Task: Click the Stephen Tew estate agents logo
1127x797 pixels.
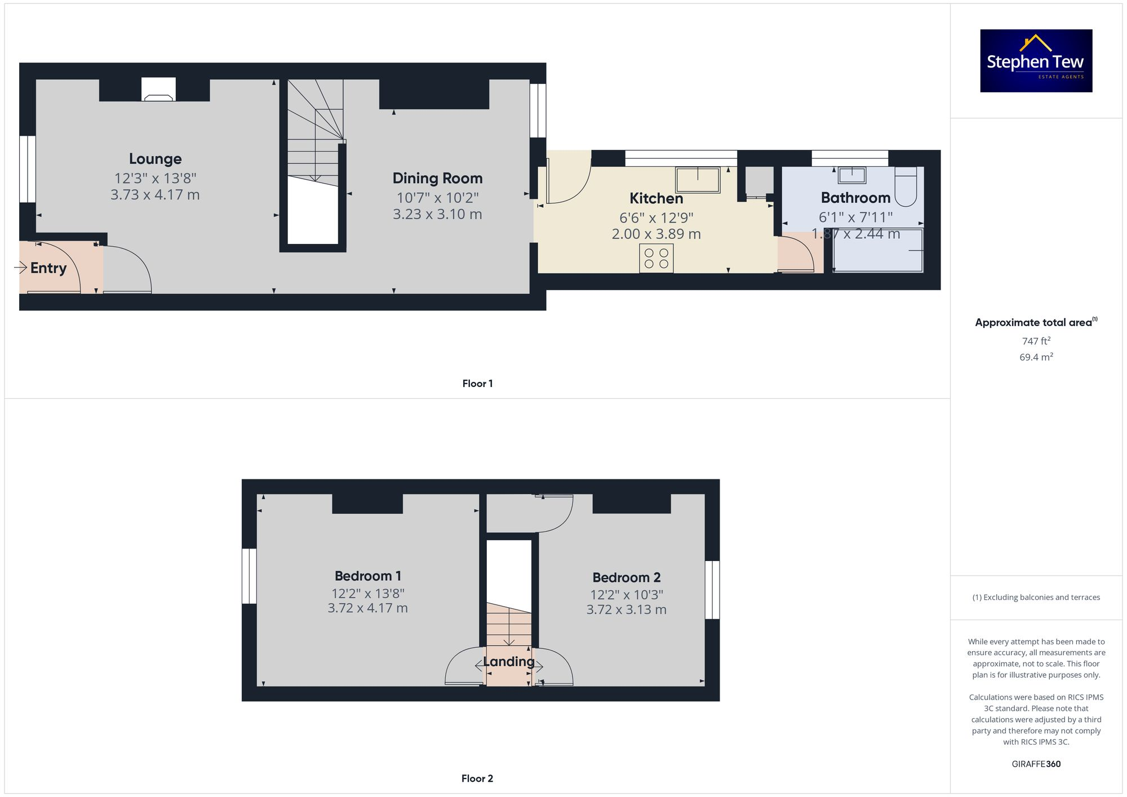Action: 1036,61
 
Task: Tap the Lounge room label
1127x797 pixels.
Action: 155,159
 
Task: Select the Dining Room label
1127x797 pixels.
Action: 437,178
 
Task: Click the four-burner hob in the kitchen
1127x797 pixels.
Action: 656,259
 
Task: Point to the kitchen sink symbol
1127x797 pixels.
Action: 698,180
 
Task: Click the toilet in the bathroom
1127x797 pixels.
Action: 906,186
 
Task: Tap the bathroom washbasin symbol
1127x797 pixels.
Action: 851,175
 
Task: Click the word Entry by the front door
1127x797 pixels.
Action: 48,268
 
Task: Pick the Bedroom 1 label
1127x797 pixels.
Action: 368,576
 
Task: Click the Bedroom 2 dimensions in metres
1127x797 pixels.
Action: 626,609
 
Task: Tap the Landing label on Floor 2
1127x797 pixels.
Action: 508,661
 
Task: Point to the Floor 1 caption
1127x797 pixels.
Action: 477,384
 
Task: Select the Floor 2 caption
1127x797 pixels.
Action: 477,778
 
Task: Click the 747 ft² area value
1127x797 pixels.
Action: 1036,341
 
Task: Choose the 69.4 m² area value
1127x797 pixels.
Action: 1036,357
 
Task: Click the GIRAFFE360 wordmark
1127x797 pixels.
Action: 1036,764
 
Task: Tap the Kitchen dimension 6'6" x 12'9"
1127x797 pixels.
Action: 656,217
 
